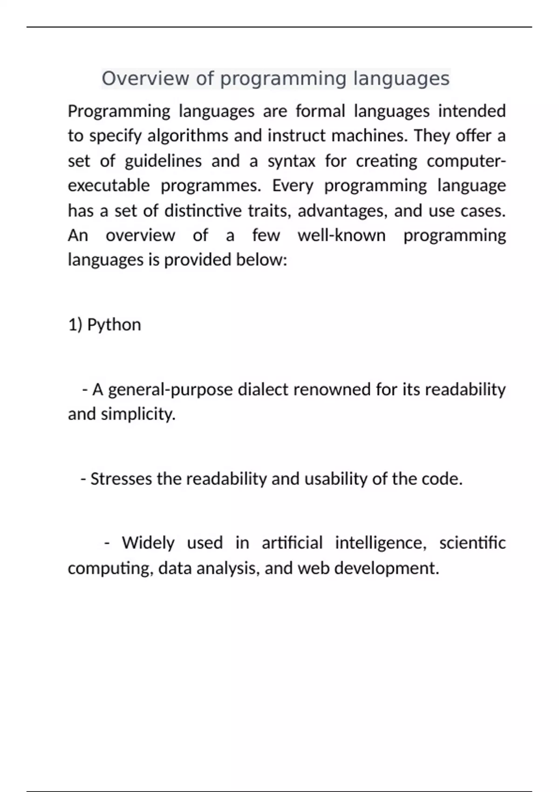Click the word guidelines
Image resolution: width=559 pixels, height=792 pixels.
163,161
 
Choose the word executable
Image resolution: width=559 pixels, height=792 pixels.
109,186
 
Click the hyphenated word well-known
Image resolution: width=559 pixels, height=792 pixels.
341,235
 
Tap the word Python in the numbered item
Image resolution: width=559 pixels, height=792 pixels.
114,325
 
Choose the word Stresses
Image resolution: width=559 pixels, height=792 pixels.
121,479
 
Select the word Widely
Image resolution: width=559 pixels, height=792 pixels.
148,543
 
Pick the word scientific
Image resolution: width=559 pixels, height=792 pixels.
472,543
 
